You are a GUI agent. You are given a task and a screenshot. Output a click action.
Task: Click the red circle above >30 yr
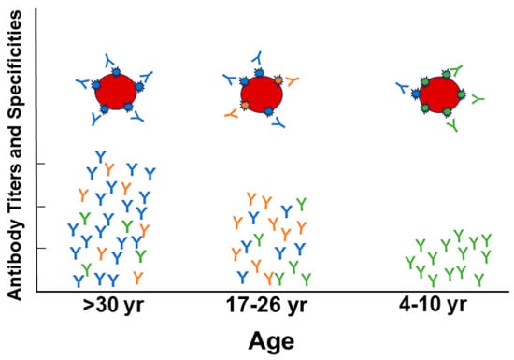pos(117,90)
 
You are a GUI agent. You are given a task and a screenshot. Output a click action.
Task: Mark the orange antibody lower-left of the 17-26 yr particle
pos(230,112)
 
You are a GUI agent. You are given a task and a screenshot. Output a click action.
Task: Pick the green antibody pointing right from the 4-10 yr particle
pos(478,97)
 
